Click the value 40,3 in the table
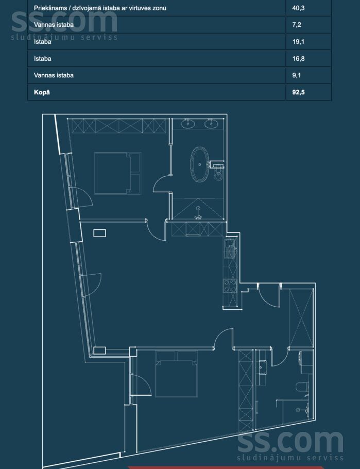coord(298,8)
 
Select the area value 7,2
coord(297,25)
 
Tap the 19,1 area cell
coord(298,42)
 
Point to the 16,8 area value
coord(298,59)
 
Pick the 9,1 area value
coord(297,75)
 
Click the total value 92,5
coord(298,92)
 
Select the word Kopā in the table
coord(42,92)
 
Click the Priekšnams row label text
coord(100,8)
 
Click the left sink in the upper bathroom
coord(188,123)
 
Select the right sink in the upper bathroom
coord(211,123)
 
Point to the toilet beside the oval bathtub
coord(218,174)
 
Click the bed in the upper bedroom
coord(117,173)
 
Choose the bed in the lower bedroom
coord(177,374)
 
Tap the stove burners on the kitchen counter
coord(230,286)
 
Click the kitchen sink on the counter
coord(230,248)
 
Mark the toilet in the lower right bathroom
coord(302,387)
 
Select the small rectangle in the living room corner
coord(99,233)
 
